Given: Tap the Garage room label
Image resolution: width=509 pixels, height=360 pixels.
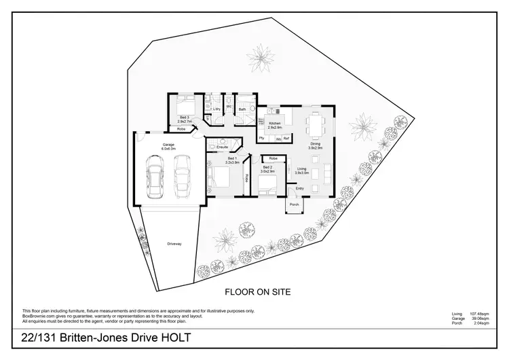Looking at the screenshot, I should pos(168,145).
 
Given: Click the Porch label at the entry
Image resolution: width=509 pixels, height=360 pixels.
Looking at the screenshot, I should pos(295,204).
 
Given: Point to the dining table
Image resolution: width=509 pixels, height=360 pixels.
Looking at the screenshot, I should pos(315,126).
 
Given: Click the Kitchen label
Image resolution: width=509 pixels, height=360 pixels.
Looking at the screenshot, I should pos(275,124).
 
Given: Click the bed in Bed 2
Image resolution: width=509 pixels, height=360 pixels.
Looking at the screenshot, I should pos(272,180).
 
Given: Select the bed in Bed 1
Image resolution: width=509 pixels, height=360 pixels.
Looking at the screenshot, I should pos(219,180).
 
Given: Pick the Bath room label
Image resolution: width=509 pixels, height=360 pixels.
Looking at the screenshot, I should pos(242,108).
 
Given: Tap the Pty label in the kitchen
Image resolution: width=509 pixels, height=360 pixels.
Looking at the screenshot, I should pos(262,138).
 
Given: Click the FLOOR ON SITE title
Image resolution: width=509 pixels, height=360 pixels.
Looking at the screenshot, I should pos(258,291).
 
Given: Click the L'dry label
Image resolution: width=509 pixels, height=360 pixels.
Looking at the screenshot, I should pos(216,109).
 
